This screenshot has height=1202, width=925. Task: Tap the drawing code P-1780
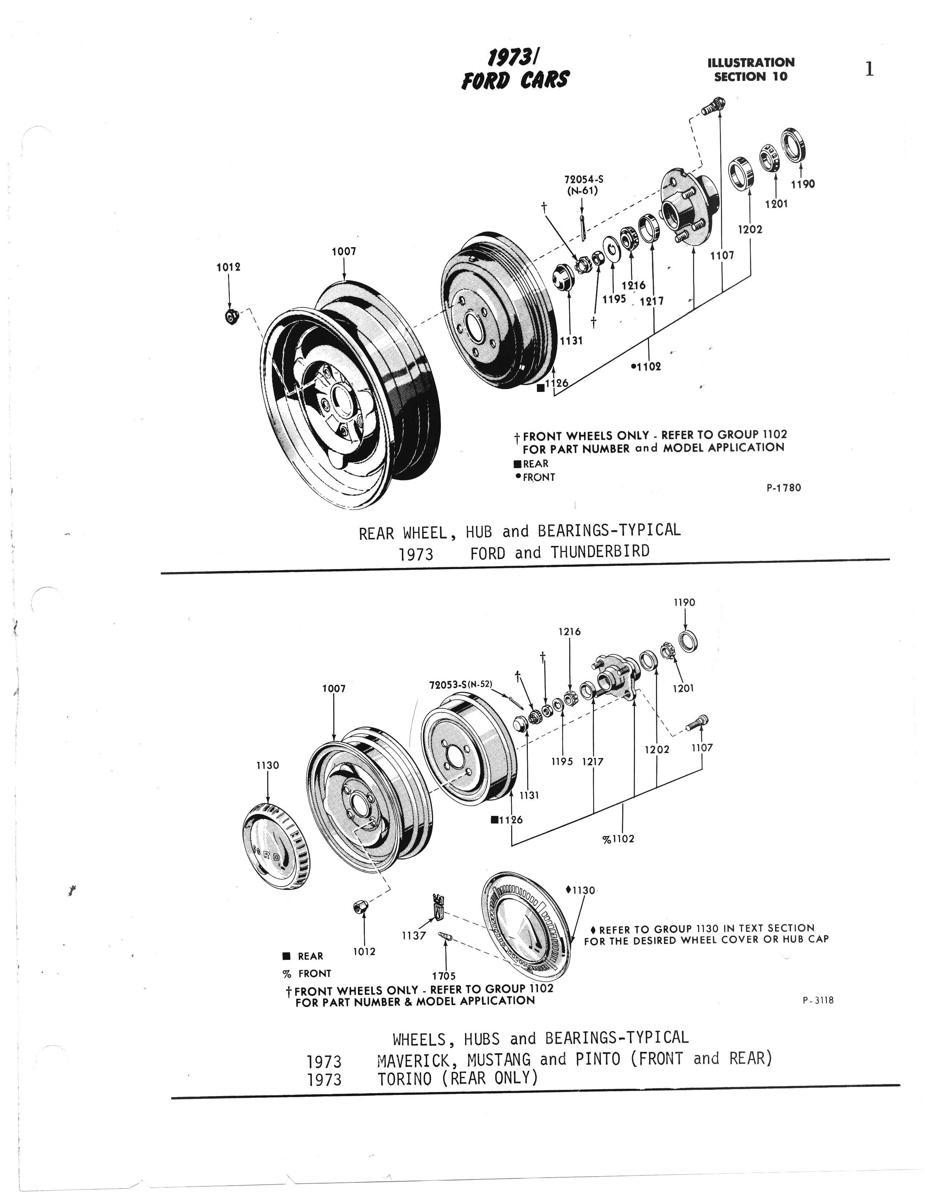click(783, 488)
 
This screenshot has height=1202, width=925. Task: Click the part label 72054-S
click(580, 179)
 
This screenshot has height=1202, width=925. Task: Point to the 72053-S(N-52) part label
click(460, 685)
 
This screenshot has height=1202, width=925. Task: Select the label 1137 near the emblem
click(413, 935)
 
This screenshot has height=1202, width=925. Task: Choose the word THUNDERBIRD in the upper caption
click(600, 552)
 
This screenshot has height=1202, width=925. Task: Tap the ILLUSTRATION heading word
click(751, 63)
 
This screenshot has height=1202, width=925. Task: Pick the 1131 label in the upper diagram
click(571, 341)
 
